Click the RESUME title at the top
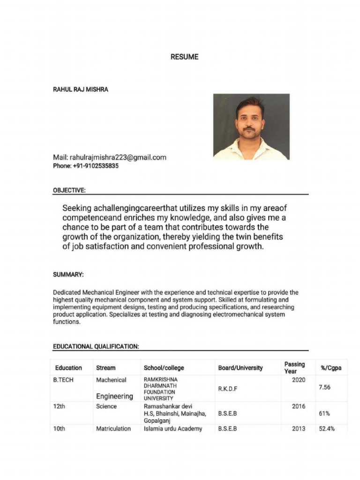pyautogui.click(x=184, y=57)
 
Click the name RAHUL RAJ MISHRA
pyautogui.click(x=80, y=89)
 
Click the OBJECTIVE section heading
pyautogui.click(x=69, y=190)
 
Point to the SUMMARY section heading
pyautogui.click(x=68, y=274)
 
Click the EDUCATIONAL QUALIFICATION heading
pyautogui.click(x=96, y=346)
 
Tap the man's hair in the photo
pyautogui.click(x=250, y=102)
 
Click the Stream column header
pyautogui.click(x=105, y=368)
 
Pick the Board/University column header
pyautogui.click(x=240, y=368)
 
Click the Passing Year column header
pyautogui.click(x=294, y=367)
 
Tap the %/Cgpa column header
pyautogui.click(x=331, y=368)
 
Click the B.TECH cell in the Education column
pyautogui.click(x=63, y=380)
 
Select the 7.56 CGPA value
pyautogui.click(x=324, y=387)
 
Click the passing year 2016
pyautogui.click(x=299, y=406)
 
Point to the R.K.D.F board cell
pyautogui.click(x=228, y=388)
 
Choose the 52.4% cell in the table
pyautogui.click(x=327, y=428)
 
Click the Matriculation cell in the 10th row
pyautogui.click(x=113, y=428)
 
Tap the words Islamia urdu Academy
pyautogui.click(x=173, y=428)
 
